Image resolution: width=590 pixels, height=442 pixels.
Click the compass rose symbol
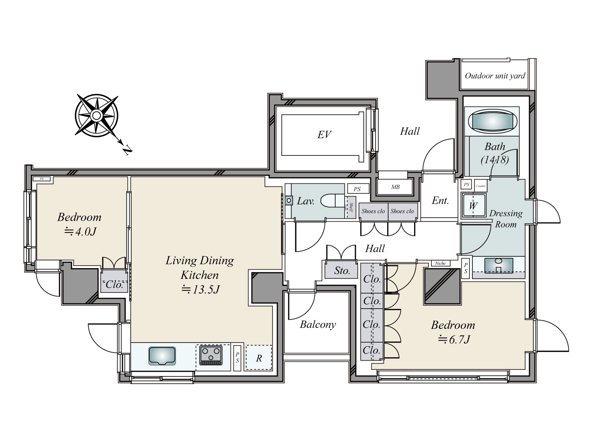tap(96, 116)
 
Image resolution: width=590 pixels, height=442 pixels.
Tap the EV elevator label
tap(324, 135)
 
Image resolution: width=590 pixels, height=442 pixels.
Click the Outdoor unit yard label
tap(495, 76)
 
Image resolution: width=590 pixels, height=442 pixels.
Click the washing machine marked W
tap(473, 206)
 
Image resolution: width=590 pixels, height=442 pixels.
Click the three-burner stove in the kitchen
tap(211, 355)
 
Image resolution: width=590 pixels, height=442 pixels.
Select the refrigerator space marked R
tap(259, 358)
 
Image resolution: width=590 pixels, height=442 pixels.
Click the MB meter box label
tap(395, 187)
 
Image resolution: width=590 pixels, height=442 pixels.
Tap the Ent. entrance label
tap(440, 201)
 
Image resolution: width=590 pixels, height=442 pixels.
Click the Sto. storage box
tap(342, 271)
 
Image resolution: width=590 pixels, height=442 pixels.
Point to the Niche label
tap(440, 263)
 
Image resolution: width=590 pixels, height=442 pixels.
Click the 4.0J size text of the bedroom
tap(80, 232)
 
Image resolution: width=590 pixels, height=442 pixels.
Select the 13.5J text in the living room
tap(201, 290)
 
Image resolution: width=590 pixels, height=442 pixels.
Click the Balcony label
tap(318, 325)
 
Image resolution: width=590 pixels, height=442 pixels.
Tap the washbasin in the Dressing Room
tap(499, 265)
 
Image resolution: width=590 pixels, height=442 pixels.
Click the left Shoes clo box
tap(373, 211)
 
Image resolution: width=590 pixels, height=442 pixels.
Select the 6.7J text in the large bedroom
tap(454, 339)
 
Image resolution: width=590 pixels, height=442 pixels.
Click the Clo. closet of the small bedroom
tap(114, 284)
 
